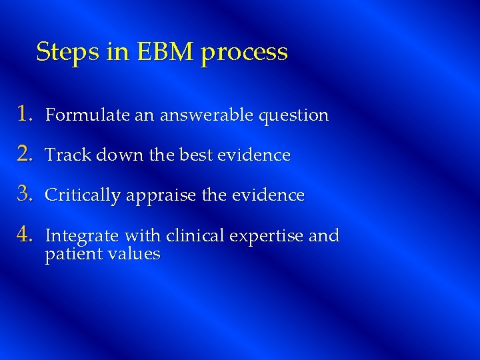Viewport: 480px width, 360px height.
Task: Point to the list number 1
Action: (x=25, y=114)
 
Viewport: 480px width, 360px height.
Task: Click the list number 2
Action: (x=25, y=155)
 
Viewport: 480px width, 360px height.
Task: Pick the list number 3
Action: (x=25, y=195)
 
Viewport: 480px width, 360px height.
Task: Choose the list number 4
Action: (x=25, y=235)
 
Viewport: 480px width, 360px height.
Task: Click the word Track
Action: (x=67, y=155)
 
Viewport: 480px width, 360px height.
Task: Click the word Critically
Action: (x=83, y=196)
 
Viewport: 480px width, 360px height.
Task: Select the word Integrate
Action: (x=77, y=236)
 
